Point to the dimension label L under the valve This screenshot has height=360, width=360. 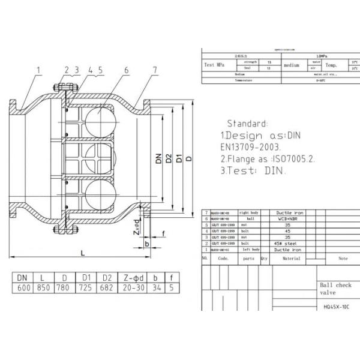[x=82, y=253]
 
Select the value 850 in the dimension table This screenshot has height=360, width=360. [x=42, y=289]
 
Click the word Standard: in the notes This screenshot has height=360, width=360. [x=247, y=123]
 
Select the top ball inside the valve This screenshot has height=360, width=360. [x=98, y=116]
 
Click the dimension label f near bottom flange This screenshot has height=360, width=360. [x=163, y=233]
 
